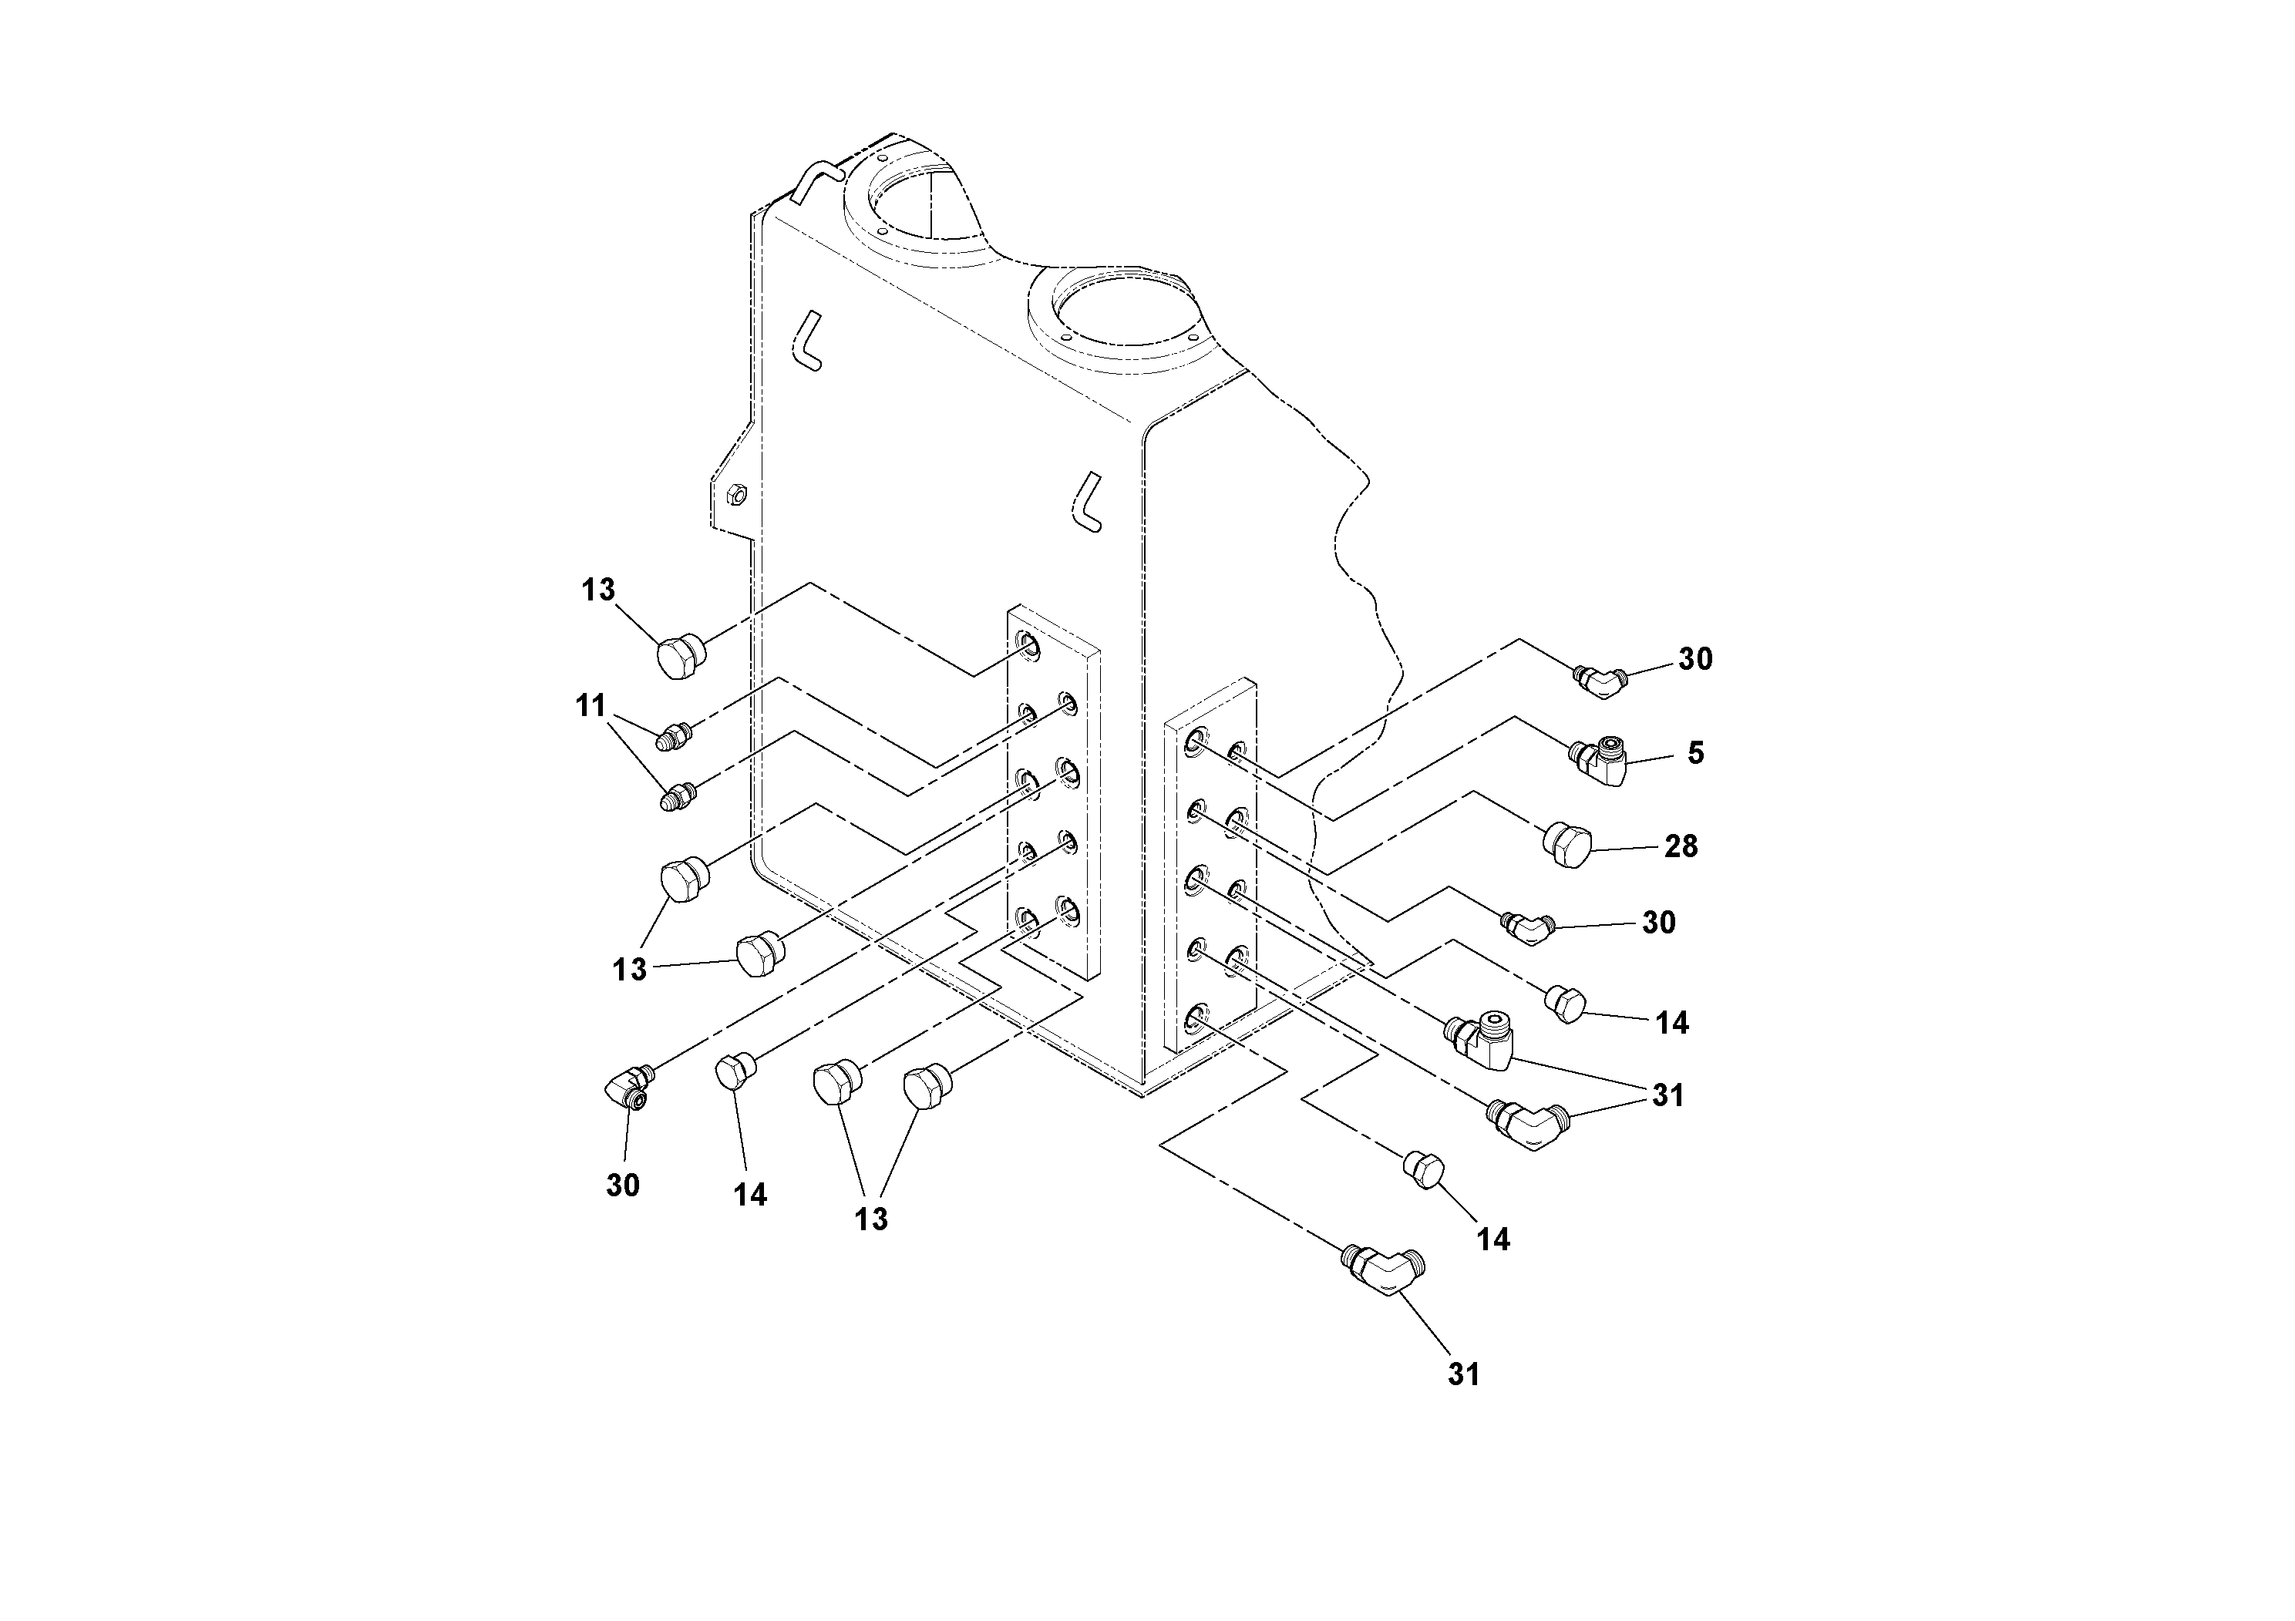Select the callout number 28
1681,846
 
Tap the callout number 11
591,707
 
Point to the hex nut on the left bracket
732,493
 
